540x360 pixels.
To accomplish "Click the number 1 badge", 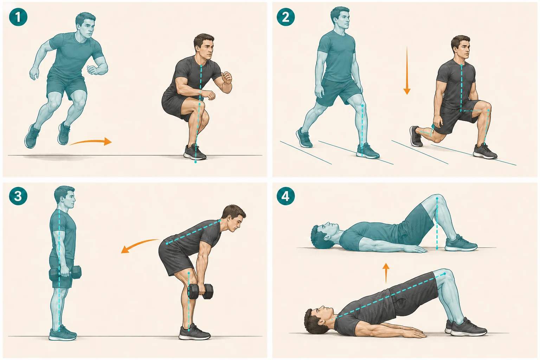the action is [x=18, y=17].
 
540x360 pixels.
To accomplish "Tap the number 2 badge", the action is [x=286, y=17].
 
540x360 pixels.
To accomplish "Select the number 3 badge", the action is [x=18, y=197].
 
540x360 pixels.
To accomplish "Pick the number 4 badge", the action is [x=286, y=197].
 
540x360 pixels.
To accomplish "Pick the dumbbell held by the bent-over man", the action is [x=200, y=291].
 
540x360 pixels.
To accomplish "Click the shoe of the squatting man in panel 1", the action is [x=195, y=152].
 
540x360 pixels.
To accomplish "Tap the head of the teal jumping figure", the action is [x=85, y=24].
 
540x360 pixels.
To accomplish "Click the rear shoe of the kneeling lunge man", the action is [x=416, y=136].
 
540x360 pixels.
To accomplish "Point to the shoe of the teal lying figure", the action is [x=461, y=244].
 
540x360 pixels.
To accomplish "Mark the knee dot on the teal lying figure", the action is [x=437, y=198].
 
